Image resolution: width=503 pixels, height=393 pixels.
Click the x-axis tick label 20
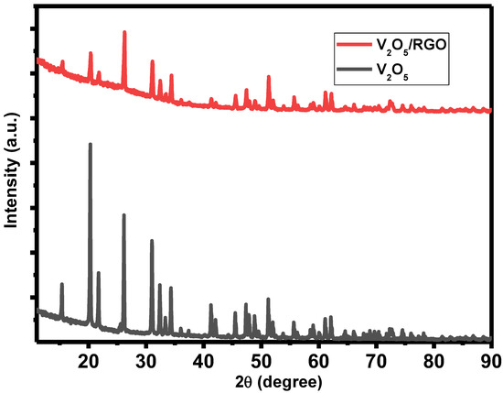(x=89, y=357)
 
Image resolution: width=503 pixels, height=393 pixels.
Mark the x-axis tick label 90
(x=490, y=357)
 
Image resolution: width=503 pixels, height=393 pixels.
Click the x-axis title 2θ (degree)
(x=264, y=378)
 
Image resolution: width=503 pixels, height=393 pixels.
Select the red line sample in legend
(x=351, y=43)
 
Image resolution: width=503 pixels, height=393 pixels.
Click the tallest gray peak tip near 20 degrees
(x=90, y=144)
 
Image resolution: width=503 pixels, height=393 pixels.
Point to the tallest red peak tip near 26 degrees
(x=124, y=32)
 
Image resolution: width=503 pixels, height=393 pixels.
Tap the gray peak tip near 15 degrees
(x=61, y=284)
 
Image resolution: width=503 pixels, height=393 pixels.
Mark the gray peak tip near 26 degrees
(x=123, y=214)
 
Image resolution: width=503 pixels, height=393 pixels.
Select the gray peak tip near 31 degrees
(x=152, y=240)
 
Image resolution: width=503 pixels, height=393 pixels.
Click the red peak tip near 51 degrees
(x=268, y=76)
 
